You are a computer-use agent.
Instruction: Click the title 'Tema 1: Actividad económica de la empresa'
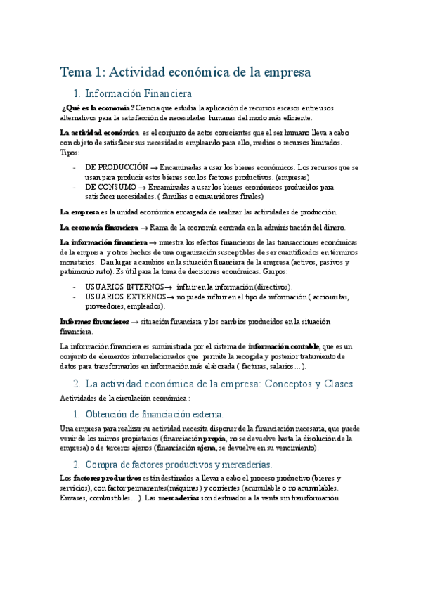click(x=186, y=72)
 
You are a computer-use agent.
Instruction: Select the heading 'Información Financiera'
click(x=138, y=93)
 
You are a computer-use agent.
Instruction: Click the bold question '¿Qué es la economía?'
click(x=98, y=108)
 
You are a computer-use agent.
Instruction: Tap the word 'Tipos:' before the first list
click(x=70, y=153)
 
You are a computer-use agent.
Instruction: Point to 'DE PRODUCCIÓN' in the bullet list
click(x=117, y=168)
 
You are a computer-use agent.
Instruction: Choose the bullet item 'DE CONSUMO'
click(x=111, y=188)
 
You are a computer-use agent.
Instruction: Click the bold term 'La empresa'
click(x=79, y=212)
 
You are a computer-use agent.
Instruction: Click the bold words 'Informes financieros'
click(x=94, y=321)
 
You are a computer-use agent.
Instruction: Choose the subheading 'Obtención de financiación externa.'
click(x=154, y=414)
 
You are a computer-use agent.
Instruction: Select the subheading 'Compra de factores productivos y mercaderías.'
click(x=174, y=465)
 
